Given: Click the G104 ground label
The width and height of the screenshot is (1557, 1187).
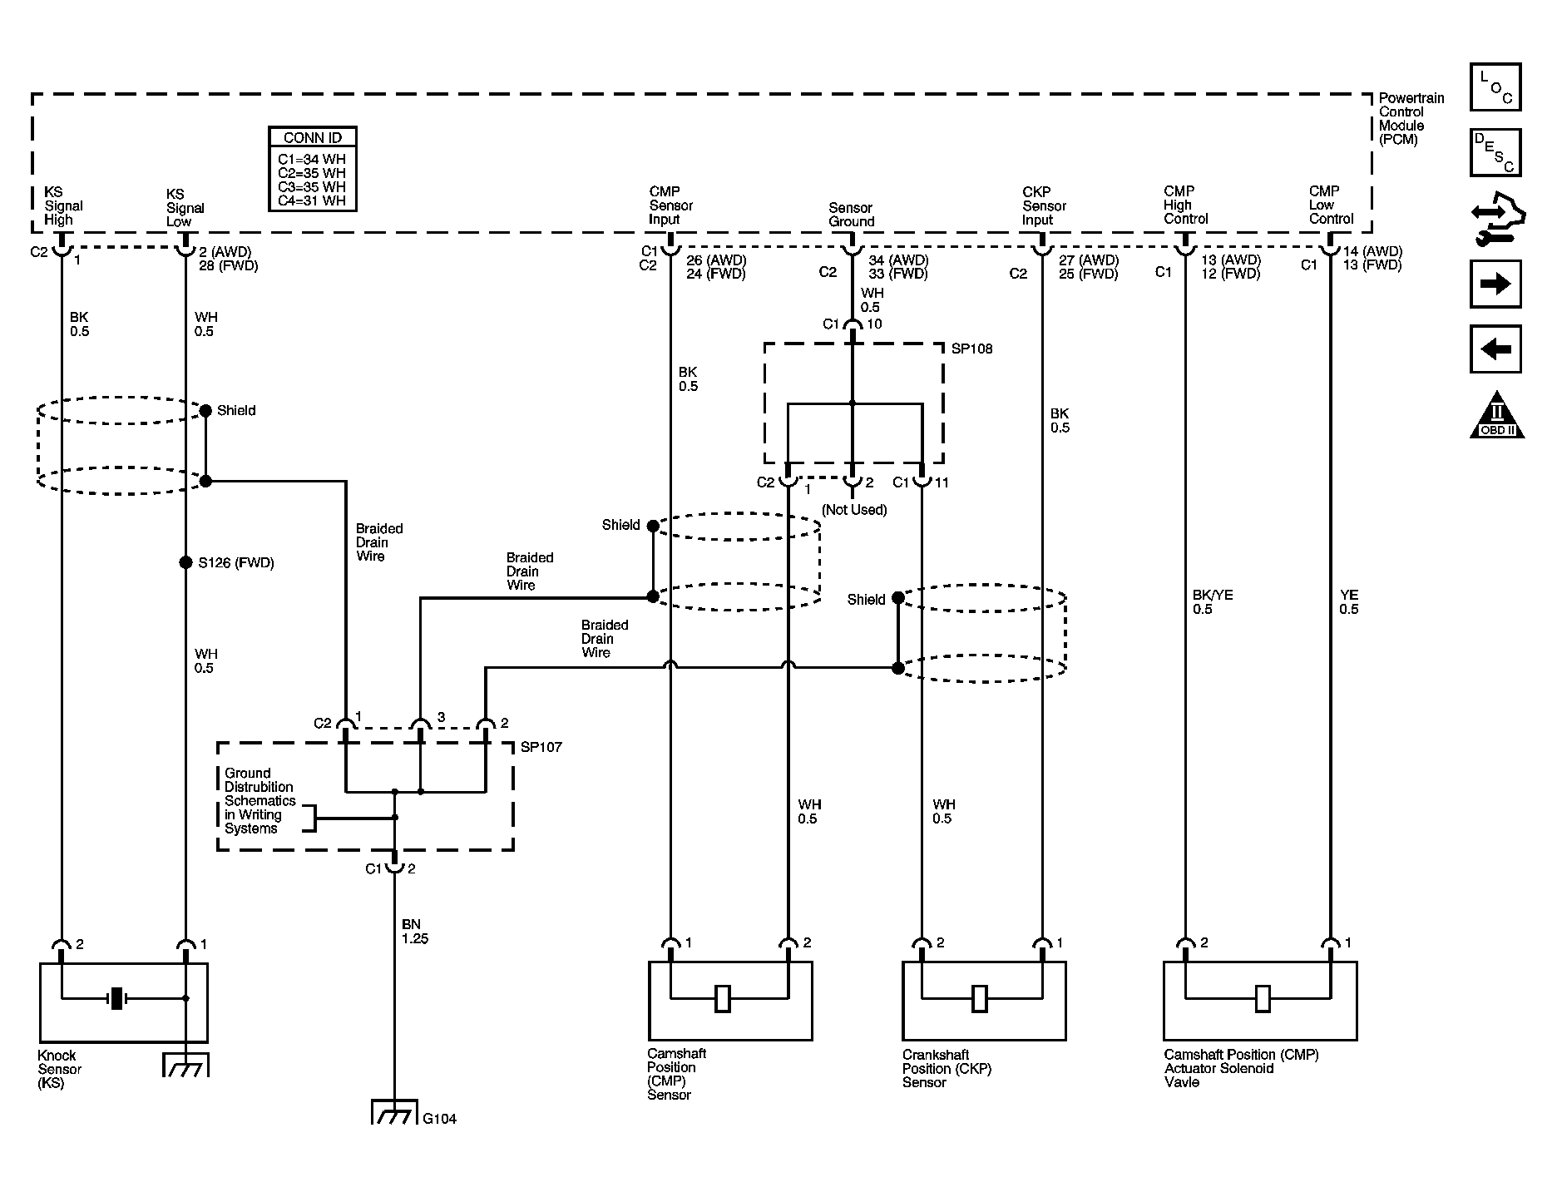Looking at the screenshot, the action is pyautogui.click(x=439, y=1119).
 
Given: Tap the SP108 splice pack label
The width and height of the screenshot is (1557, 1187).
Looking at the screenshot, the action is pyautogui.click(x=971, y=349).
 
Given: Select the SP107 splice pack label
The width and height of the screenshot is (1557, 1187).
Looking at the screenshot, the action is pyautogui.click(x=541, y=747).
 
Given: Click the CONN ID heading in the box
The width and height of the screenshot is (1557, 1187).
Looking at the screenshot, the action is pyautogui.click(x=313, y=137).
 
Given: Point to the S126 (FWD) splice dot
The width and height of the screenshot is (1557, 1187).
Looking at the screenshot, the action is pyautogui.click(x=185, y=562).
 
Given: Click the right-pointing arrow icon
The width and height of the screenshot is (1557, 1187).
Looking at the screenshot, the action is pyautogui.click(x=1495, y=284).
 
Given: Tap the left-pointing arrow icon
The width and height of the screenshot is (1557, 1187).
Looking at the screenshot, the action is pyautogui.click(x=1495, y=349).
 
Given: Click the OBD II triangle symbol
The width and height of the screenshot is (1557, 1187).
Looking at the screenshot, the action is pyautogui.click(x=1497, y=414).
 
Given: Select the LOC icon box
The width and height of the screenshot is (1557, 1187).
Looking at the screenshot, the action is pyautogui.click(x=1495, y=87).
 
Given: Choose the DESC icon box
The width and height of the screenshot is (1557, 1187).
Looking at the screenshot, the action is pyautogui.click(x=1495, y=152).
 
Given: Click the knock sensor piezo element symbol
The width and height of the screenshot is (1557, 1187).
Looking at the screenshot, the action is pyautogui.click(x=117, y=998).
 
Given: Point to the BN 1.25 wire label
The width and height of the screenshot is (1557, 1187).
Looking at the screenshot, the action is pyautogui.click(x=415, y=932).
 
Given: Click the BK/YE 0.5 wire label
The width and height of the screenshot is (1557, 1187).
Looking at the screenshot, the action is pyautogui.click(x=1213, y=602).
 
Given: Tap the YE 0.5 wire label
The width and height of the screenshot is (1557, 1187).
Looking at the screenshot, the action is pyautogui.click(x=1348, y=602).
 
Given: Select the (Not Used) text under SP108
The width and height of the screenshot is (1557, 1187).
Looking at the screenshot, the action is pyautogui.click(x=854, y=509).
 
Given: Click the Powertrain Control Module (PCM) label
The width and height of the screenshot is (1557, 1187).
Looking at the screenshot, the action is pyautogui.click(x=1411, y=119).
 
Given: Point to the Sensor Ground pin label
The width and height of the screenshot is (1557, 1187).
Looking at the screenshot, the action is pyautogui.click(x=851, y=215).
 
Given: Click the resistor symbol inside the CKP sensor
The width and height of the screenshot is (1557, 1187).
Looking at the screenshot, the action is pyautogui.click(x=980, y=998).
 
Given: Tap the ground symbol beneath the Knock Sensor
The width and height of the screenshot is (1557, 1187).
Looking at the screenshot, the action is pyautogui.click(x=185, y=1065).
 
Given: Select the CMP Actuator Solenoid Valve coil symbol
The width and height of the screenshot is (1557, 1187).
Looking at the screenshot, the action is pyautogui.click(x=1263, y=998).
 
